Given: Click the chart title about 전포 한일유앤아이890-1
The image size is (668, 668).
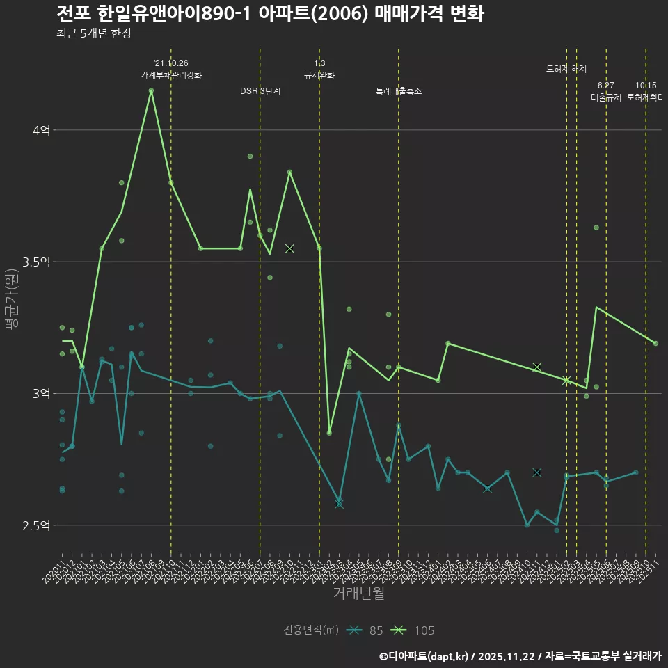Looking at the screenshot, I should click(x=270, y=13).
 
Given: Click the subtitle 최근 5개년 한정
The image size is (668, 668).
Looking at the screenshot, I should click(x=93, y=33).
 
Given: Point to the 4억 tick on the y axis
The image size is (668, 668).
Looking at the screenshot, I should click(x=41, y=130).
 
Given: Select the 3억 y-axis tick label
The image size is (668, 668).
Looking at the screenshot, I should click(x=41, y=393).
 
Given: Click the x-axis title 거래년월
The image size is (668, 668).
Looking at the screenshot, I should click(x=358, y=594).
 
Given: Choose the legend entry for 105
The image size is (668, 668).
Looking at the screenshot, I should click(x=414, y=630).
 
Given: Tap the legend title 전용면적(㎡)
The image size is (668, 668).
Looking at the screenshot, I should click(x=310, y=630).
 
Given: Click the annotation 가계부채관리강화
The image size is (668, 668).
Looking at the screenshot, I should click(x=171, y=75).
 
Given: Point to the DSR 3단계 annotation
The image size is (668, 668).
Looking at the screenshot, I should click(x=260, y=91).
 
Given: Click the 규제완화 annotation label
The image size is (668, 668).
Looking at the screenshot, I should click(x=319, y=75).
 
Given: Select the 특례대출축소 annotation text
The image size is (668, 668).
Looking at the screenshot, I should click(x=399, y=91).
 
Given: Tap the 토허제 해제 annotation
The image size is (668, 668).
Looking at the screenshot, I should click(x=566, y=69).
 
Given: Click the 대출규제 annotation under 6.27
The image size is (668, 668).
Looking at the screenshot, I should click(x=606, y=97).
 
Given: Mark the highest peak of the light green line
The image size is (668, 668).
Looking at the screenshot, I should click(x=151, y=90).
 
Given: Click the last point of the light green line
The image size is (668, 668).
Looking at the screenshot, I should click(x=655, y=343).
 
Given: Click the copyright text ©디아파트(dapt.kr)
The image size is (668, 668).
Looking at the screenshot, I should click(x=424, y=655).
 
